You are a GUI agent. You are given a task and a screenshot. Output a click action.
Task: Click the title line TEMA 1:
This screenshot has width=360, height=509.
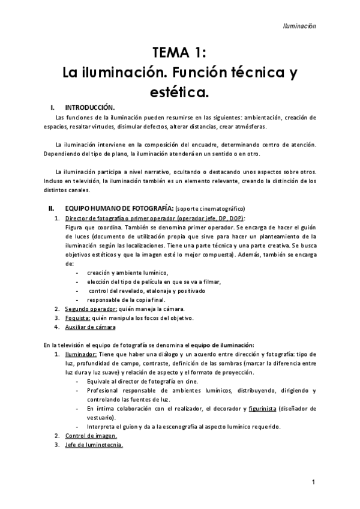pyautogui.click(x=179, y=52)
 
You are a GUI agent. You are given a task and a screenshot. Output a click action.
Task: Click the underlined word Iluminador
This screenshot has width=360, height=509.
pyautogui.click(x=80, y=354)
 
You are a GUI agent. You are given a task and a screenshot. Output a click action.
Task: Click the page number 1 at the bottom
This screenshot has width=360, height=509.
pyautogui.click(x=314, y=481)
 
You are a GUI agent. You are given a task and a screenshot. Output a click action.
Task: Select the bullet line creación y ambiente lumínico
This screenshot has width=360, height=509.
pyautogui.click(x=128, y=273)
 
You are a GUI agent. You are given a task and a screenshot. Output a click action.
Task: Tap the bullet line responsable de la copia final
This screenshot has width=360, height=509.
pyautogui.click(x=130, y=300)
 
